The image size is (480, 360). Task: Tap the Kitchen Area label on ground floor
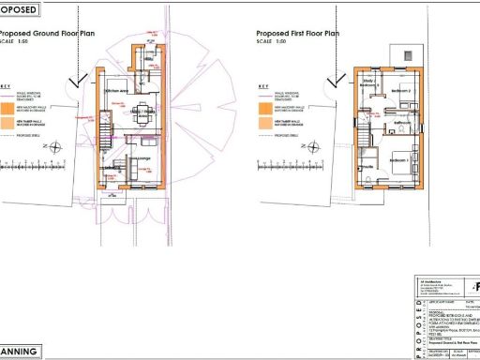[118, 90]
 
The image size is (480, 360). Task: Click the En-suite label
[368, 166]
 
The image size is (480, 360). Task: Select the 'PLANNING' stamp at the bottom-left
[21, 352]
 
